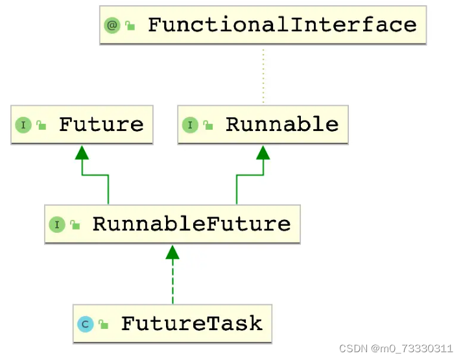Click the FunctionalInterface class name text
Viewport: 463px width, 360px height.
click(281, 25)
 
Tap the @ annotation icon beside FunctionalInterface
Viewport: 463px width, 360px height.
click(112, 26)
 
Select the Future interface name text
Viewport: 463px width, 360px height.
click(101, 125)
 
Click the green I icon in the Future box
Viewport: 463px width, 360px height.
click(23, 125)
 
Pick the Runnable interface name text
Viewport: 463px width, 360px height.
click(281, 125)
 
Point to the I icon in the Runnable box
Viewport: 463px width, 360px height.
click(190, 125)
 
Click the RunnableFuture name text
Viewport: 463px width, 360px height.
click(191, 224)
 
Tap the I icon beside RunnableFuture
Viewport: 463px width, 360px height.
click(57, 225)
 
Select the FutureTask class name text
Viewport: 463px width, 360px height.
click(191, 324)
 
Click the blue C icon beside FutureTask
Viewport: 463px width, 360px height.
click(85, 324)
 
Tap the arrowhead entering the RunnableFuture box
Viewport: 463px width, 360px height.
click(172, 252)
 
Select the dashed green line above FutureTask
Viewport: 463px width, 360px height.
click(172, 282)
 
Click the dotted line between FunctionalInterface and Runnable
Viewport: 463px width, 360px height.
click(263, 75)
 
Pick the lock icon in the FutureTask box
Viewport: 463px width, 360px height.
click(104, 324)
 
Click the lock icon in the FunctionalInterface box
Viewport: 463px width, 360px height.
click(130, 27)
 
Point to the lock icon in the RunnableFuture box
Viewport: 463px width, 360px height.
click(75, 225)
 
